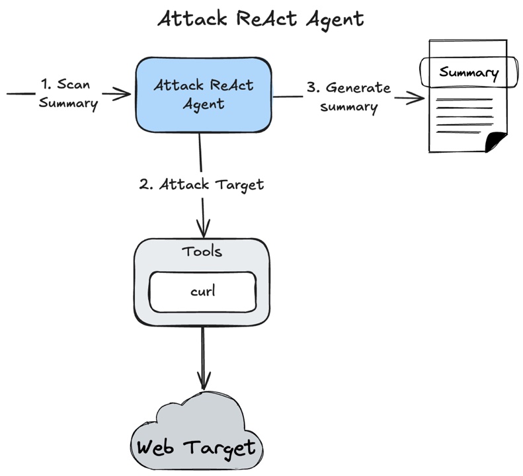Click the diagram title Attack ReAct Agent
261,19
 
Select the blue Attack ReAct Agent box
204,95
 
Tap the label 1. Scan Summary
68,93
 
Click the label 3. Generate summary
349,97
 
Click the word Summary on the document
469,72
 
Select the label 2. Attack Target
202,184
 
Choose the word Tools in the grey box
202,252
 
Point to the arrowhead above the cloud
202,381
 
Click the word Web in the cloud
157,448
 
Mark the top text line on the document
465,100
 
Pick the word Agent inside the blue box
204,104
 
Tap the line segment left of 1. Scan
20,94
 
